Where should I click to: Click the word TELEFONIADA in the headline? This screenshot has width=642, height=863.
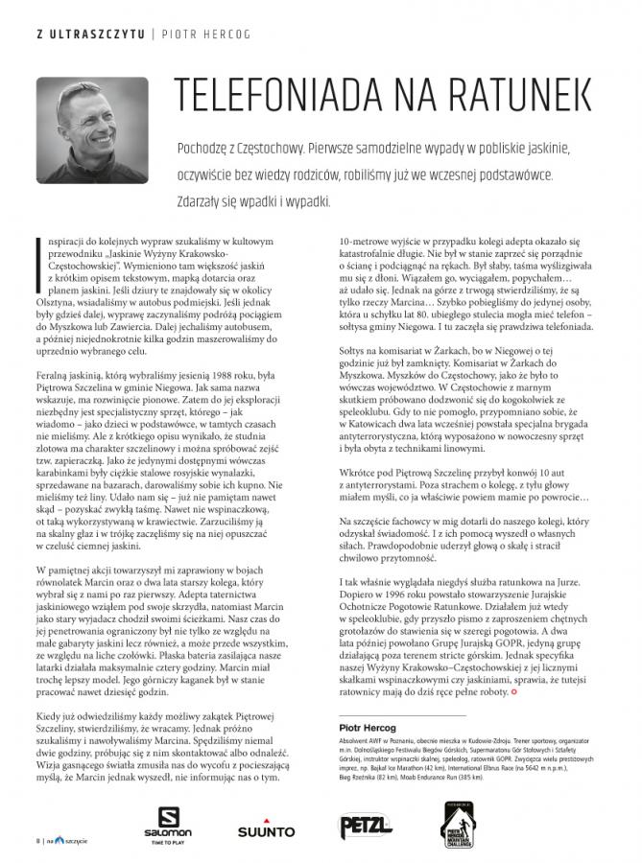275,96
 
